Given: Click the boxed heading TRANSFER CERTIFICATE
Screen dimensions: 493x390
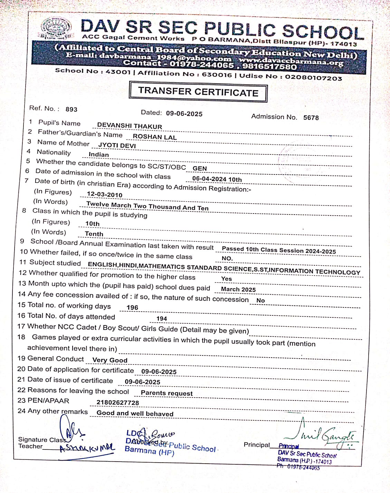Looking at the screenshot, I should tap(198, 92).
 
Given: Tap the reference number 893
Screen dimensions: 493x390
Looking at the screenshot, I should tap(71, 110).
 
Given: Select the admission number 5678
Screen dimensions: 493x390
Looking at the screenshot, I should tap(311, 117).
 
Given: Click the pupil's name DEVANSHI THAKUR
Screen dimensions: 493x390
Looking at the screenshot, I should tap(130, 126).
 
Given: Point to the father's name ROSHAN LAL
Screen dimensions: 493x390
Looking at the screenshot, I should tap(154, 137).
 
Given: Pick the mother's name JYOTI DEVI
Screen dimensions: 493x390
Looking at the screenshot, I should tap(117, 145).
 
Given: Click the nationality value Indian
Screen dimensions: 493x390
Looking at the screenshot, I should tap(99, 154).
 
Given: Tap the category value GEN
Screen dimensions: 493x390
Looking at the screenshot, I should tap(200, 169).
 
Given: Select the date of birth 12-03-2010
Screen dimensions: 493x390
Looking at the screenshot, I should tap(105, 195).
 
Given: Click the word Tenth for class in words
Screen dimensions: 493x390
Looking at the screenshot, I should tap(94, 234).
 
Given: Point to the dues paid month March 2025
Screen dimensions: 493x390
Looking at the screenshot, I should tap(238, 289).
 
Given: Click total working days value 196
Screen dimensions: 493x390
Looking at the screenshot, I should tap(132, 307).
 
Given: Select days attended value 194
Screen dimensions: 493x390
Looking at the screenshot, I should tap(162, 319).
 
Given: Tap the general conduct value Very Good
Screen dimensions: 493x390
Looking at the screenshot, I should tap(110, 360).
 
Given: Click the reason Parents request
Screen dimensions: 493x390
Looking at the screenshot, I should tap(167, 393).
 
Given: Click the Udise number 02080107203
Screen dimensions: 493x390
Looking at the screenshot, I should tap(314, 77).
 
